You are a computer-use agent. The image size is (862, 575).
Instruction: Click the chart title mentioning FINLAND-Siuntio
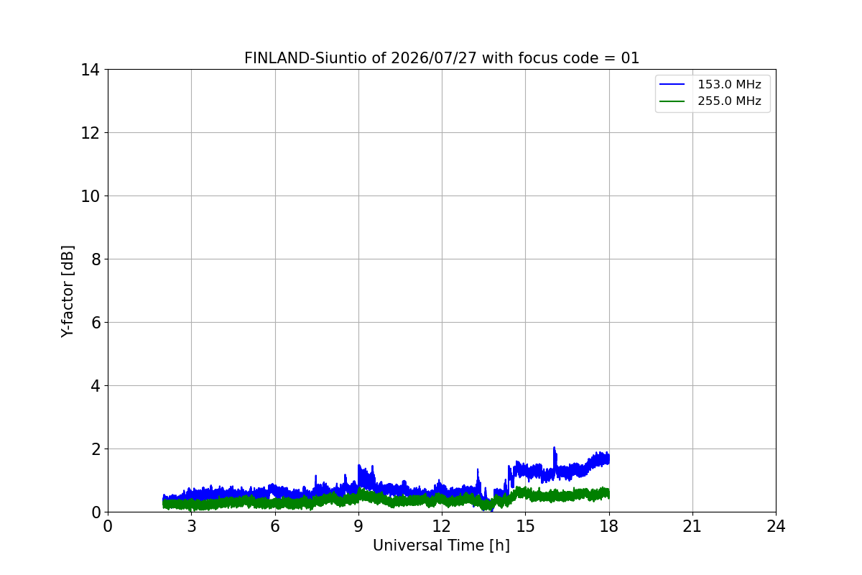click(442, 58)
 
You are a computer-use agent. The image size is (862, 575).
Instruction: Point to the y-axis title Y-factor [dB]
click(68, 292)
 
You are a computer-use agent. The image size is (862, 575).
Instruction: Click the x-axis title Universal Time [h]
click(441, 546)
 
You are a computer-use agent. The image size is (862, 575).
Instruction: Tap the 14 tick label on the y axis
click(90, 70)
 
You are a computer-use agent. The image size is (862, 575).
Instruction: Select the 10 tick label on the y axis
click(90, 196)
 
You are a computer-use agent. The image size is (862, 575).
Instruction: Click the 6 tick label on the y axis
click(95, 323)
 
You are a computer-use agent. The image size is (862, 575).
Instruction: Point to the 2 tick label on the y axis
click(95, 449)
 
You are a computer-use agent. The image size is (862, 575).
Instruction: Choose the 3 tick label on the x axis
click(192, 526)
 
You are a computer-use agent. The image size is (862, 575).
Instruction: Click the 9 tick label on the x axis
click(358, 526)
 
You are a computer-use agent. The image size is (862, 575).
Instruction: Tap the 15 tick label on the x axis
click(525, 526)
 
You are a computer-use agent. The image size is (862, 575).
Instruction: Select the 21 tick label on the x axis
click(692, 526)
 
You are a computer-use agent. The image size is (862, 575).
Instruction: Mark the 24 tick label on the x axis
click(776, 526)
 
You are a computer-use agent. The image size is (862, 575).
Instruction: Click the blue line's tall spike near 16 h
click(555, 448)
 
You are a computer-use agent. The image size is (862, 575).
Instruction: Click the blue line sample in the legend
click(672, 84)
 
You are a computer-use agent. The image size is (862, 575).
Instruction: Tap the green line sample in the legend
click(672, 101)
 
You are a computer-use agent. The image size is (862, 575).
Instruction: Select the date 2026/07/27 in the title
click(434, 58)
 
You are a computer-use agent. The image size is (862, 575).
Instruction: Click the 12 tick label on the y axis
click(90, 133)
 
